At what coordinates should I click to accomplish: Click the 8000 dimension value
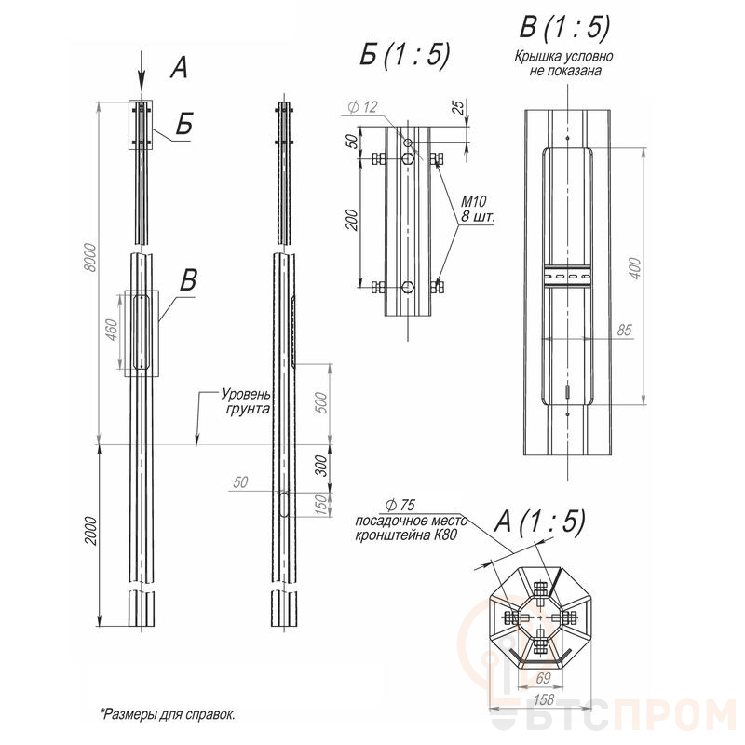(x=89, y=258)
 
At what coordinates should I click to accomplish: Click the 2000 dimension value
(x=90, y=531)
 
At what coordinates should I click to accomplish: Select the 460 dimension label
(x=110, y=330)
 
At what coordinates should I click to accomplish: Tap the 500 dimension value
(x=321, y=403)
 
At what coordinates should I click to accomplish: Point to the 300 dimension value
(x=321, y=466)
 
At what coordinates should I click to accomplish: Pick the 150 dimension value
(x=321, y=505)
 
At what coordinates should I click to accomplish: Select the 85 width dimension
(x=624, y=330)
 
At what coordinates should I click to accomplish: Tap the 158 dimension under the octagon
(x=544, y=699)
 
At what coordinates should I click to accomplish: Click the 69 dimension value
(x=543, y=678)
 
